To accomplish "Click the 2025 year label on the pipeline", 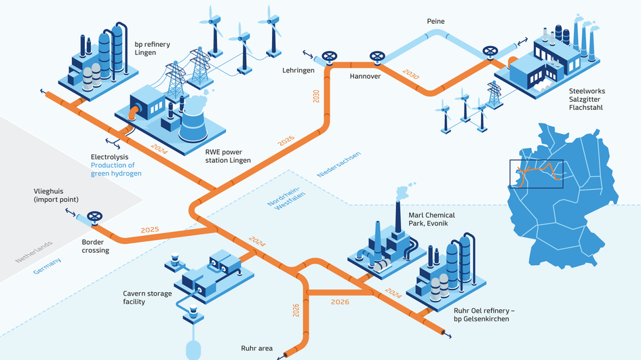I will pyautogui.click(x=150, y=230).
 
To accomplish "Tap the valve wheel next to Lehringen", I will pyautogui.click(x=330, y=56).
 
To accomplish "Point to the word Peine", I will pyautogui.click(x=435, y=22).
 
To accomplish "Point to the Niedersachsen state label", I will pyautogui.click(x=338, y=165).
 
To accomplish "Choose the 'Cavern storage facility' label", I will pyautogui.click(x=142, y=298).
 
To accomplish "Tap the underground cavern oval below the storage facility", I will pyautogui.click(x=193, y=349).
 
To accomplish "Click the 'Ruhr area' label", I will pyautogui.click(x=256, y=348).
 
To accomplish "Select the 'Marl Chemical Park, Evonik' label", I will pyautogui.click(x=431, y=220).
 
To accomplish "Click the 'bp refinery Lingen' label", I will pyautogui.click(x=152, y=49).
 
